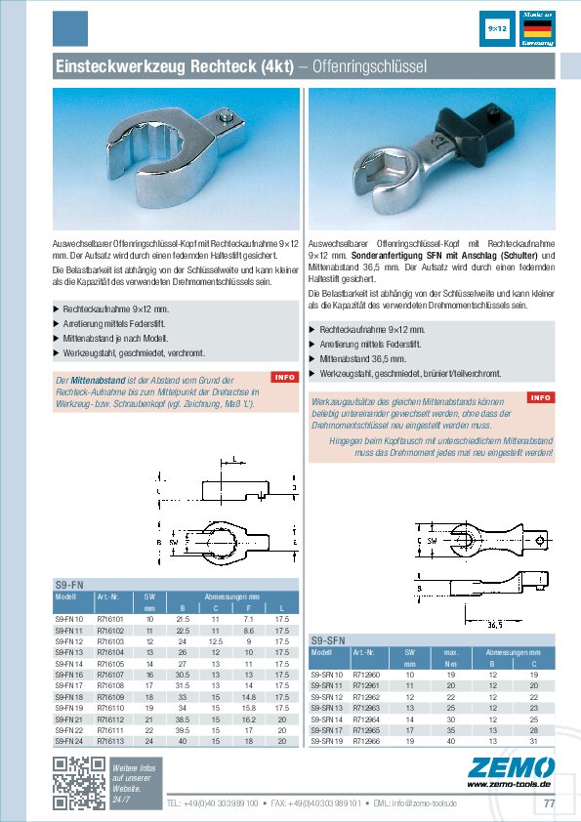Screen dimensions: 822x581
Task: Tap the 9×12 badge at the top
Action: click(496, 29)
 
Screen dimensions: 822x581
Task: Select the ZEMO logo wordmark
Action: click(512, 766)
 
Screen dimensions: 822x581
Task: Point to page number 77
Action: click(549, 803)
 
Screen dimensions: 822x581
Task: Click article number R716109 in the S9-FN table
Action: click(110, 698)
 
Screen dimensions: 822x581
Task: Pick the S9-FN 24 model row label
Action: click(69, 741)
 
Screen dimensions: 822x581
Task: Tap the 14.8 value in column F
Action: click(248, 698)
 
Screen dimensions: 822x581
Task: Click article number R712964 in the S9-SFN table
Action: click(366, 719)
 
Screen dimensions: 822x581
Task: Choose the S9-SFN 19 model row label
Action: click(327, 740)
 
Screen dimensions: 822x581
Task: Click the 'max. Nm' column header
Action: click(451, 657)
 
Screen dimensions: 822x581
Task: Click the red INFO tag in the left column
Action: click(284, 377)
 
